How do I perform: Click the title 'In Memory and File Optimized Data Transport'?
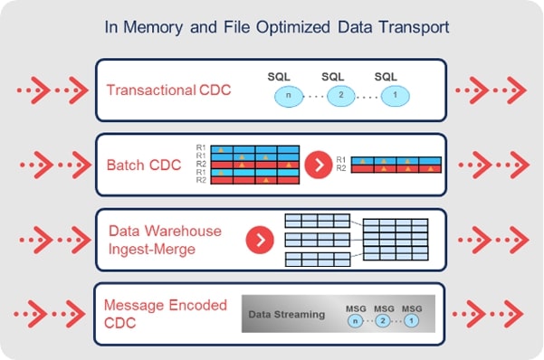click(272, 27)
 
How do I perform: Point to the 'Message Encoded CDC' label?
click(165, 313)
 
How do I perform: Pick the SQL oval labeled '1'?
click(391, 95)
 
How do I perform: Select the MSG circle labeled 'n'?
click(355, 320)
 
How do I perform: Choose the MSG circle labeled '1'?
click(412, 320)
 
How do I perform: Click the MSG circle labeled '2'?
click(384, 320)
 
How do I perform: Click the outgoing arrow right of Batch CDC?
click(491, 165)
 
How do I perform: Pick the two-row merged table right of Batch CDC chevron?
click(395, 163)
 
